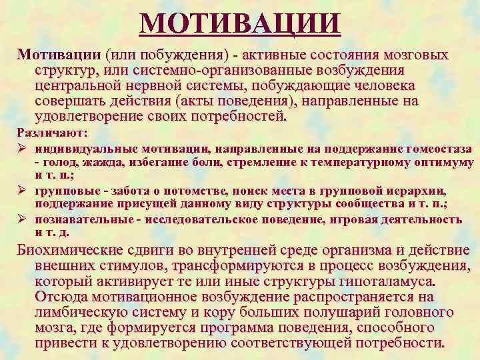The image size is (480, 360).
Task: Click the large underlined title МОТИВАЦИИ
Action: coord(241,25)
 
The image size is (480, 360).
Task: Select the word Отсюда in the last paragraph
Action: coord(63,297)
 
